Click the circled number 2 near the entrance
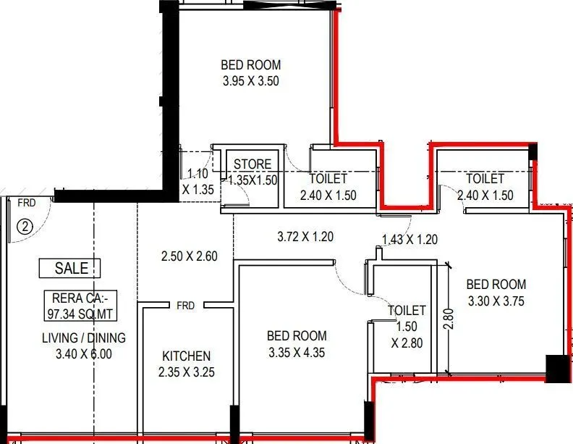(25, 226)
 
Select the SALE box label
(71, 269)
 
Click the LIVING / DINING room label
(84, 338)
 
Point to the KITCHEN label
(186, 356)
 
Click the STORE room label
(252, 164)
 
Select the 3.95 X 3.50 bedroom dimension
(250, 81)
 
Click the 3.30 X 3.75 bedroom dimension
(496, 301)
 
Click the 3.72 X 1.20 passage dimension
(305, 237)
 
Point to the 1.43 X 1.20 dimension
(410, 240)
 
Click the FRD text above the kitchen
(185, 306)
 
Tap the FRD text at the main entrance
(27, 202)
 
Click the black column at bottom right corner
(557, 369)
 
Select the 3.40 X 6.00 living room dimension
(84, 354)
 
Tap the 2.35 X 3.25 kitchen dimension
(186, 373)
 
